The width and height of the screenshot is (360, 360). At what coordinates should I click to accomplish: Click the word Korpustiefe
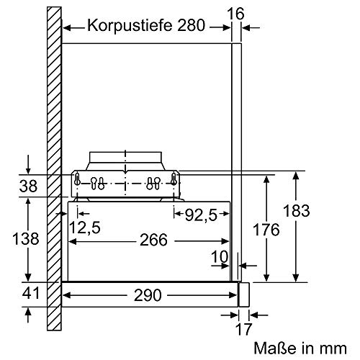[129, 26]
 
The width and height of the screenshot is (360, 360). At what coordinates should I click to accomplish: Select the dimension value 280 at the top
[191, 26]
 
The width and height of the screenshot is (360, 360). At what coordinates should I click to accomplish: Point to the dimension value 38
[28, 186]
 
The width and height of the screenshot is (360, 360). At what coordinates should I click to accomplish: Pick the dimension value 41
[28, 293]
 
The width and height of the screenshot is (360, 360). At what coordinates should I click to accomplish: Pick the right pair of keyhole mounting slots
[153, 181]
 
